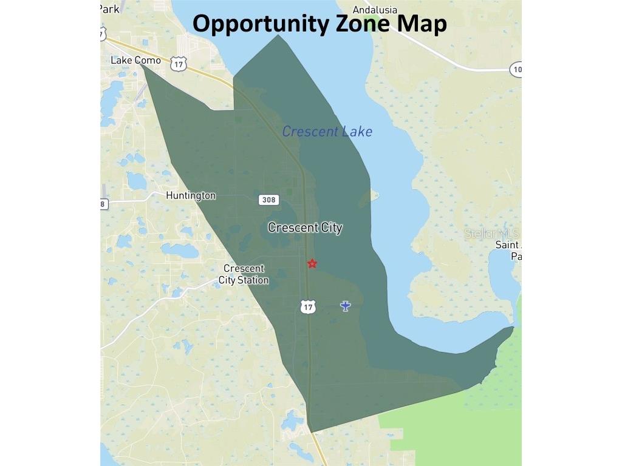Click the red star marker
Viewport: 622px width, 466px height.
pos(312,263)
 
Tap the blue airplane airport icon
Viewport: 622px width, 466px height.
pos(346,306)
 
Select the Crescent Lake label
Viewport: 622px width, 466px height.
pos(327,132)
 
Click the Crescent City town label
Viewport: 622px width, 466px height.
pos(305,228)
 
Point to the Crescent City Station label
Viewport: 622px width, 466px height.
pos(244,274)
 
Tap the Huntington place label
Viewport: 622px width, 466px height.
pos(191,195)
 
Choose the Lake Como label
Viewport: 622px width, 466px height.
pos(136,60)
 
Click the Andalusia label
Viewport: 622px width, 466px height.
pos(375,10)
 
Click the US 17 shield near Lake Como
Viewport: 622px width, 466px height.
pos(178,64)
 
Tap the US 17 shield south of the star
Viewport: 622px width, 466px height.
pos(309,306)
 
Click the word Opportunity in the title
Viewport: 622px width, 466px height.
pos(261,24)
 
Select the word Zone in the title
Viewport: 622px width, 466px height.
pos(363,24)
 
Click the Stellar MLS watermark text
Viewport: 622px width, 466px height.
pos(492,233)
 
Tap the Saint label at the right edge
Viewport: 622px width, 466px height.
pos(508,245)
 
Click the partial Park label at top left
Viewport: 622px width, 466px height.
pos(110,8)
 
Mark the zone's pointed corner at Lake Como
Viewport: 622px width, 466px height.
pos(143,66)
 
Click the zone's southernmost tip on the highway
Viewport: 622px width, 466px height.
pos(311,432)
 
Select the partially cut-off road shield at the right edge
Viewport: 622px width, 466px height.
pos(516,69)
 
